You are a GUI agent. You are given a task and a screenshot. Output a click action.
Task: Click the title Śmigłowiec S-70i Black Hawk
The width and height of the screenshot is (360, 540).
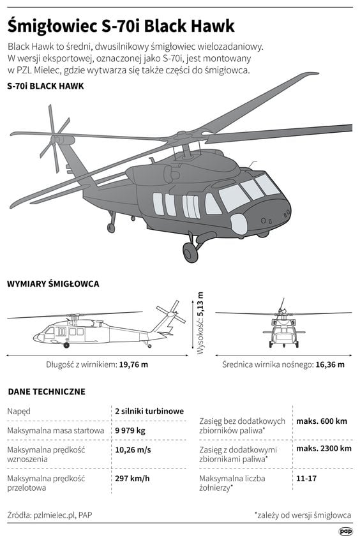pyautogui.click(x=121, y=26)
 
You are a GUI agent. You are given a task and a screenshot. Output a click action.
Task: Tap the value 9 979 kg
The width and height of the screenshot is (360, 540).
pyautogui.click(x=130, y=431)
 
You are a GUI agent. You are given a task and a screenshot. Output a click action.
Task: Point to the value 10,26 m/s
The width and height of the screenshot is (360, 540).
pyautogui.click(x=133, y=449)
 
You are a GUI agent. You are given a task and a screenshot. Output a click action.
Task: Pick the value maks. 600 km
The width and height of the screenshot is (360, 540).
pyautogui.click(x=322, y=421)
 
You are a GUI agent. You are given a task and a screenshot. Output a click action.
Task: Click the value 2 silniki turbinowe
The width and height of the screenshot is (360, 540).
pyautogui.click(x=149, y=411)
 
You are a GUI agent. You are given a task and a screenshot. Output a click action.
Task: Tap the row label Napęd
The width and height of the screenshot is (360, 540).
pyautogui.click(x=19, y=412)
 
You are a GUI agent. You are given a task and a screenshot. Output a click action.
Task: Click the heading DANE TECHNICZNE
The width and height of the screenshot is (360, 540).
pyautogui.click(x=46, y=391)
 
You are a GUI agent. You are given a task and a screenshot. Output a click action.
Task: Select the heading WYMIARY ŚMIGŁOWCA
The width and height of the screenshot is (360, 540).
pyautogui.click(x=53, y=283)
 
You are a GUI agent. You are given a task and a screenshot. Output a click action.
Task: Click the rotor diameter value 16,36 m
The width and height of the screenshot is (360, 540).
pyautogui.click(x=330, y=364)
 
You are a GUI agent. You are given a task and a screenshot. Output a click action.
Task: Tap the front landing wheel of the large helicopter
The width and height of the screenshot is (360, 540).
pyautogui.click(x=190, y=253)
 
